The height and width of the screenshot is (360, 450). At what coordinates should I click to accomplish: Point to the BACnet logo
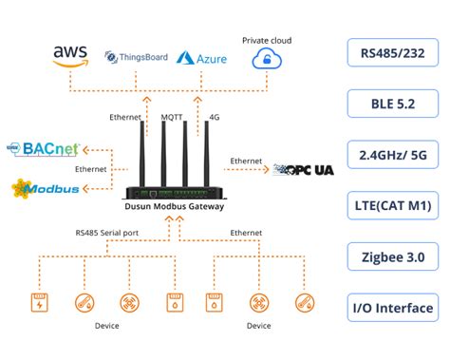click(47, 150)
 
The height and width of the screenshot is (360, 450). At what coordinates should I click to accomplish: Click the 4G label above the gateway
click(214, 118)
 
